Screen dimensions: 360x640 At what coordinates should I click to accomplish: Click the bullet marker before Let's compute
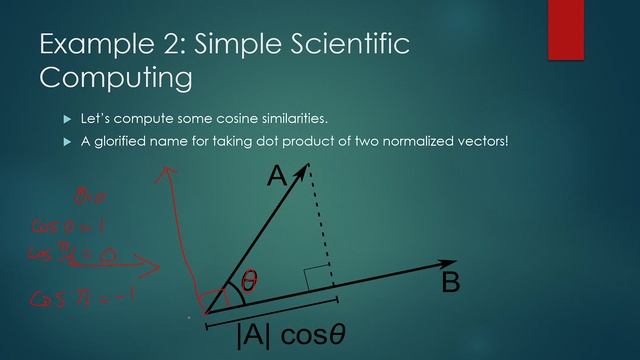pos(68,120)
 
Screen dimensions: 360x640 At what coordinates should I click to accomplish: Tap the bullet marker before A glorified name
pos(68,142)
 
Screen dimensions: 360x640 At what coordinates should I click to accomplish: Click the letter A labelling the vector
pos(276,177)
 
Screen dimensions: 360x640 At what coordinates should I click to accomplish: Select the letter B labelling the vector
pos(451,283)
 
